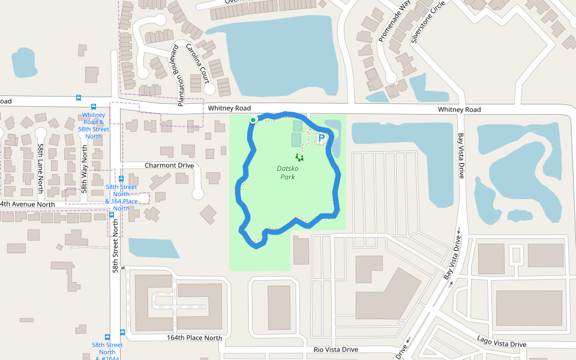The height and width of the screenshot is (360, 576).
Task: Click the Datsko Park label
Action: click(x=288, y=173)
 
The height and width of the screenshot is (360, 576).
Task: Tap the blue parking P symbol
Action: click(x=322, y=138)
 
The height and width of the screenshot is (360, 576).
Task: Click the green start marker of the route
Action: click(x=253, y=120)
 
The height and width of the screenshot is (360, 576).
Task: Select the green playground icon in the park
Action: click(x=299, y=158)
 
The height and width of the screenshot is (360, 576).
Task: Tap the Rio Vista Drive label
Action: click(x=335, y=349)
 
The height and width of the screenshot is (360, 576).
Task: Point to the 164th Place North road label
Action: click(x=194, y=338)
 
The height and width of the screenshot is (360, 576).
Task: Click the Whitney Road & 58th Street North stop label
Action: click(x=94, y=125)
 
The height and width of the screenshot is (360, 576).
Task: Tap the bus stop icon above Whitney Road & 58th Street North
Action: click(x=94, y=107)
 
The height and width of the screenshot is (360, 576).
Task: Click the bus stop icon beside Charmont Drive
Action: click(x=121, y=178)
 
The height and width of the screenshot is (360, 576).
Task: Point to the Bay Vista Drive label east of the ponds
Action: click(x=461, y=155)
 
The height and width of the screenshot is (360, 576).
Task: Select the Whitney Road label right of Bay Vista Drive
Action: click(x=459, y=110)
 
